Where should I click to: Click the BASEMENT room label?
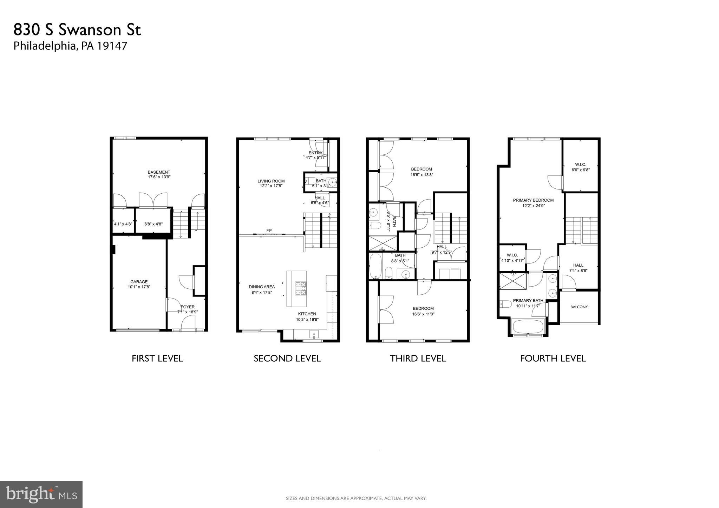(159, 172)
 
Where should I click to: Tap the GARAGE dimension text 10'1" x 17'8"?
(139, 287)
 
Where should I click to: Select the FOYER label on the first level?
(188, 307)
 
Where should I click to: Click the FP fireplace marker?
(269, 230)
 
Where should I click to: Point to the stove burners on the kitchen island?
(300, 288)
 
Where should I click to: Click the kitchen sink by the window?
(314, 334)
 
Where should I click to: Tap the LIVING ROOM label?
(271, 181)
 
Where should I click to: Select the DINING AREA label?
(262, 287)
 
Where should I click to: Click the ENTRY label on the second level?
(315, 153)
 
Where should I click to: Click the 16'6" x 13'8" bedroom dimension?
(421, 175)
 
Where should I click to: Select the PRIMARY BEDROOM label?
(533, 200)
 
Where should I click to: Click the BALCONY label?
(579, 307)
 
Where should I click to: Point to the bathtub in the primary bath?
(528, 327)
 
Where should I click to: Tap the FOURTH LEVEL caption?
(553, 358)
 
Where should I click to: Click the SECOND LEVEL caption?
(287, 358)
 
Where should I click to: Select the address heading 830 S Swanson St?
(77, 30)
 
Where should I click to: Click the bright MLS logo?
(41, 494)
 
